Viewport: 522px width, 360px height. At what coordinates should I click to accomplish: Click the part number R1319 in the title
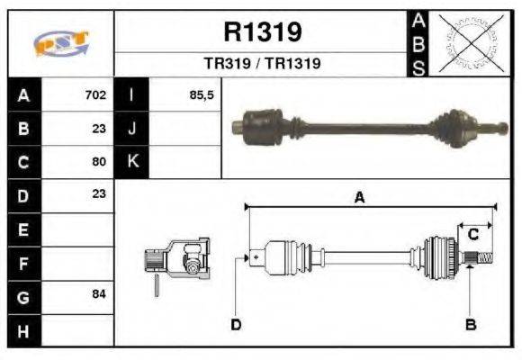[262, 32]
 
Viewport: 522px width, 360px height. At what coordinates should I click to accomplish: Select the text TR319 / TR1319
[262, 64]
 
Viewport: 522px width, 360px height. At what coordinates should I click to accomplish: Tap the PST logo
[60, 43]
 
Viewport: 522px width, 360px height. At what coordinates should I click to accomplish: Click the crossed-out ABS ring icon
[469, 42]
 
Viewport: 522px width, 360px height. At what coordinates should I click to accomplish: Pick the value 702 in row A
[95, 94]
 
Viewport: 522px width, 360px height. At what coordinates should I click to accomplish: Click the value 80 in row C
[99, 162]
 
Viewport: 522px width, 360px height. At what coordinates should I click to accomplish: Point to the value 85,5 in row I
[202, 94]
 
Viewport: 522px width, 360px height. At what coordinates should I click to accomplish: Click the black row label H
[23, 330]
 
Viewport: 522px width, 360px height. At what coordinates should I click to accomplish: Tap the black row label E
[23, 229]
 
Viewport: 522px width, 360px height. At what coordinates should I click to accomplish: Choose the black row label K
[132, 162]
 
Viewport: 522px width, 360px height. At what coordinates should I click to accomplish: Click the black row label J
[132, 128]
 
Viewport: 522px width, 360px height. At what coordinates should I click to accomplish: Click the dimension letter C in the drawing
[472, 235]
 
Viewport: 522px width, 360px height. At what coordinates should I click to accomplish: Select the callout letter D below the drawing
[236, 324]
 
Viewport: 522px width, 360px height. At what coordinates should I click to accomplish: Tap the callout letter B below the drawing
[469, 324]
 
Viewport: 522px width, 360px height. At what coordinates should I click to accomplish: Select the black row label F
[23, 263]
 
